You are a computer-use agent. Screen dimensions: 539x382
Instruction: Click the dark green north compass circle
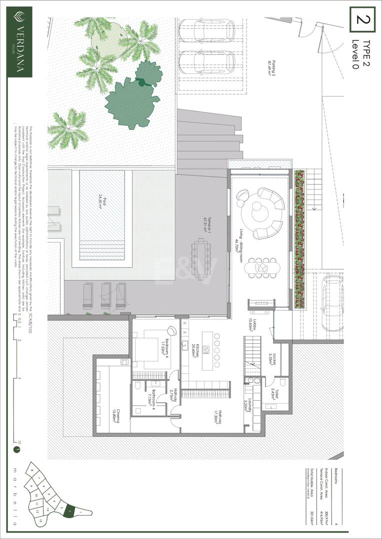[17, 449]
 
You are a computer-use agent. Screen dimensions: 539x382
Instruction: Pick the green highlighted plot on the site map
[70, 511]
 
